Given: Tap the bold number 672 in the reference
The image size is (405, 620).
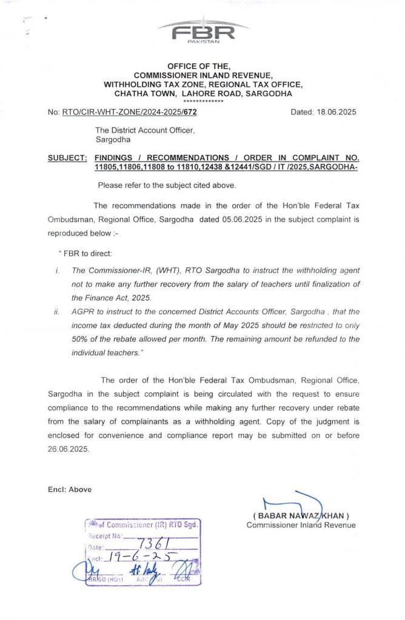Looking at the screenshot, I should tap(189, 113).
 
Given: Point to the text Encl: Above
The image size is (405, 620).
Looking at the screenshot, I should tap(70, 489).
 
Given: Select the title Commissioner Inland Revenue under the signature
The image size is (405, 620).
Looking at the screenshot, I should tap(301, 525).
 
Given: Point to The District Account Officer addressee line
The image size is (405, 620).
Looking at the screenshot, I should tap(144, 130).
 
